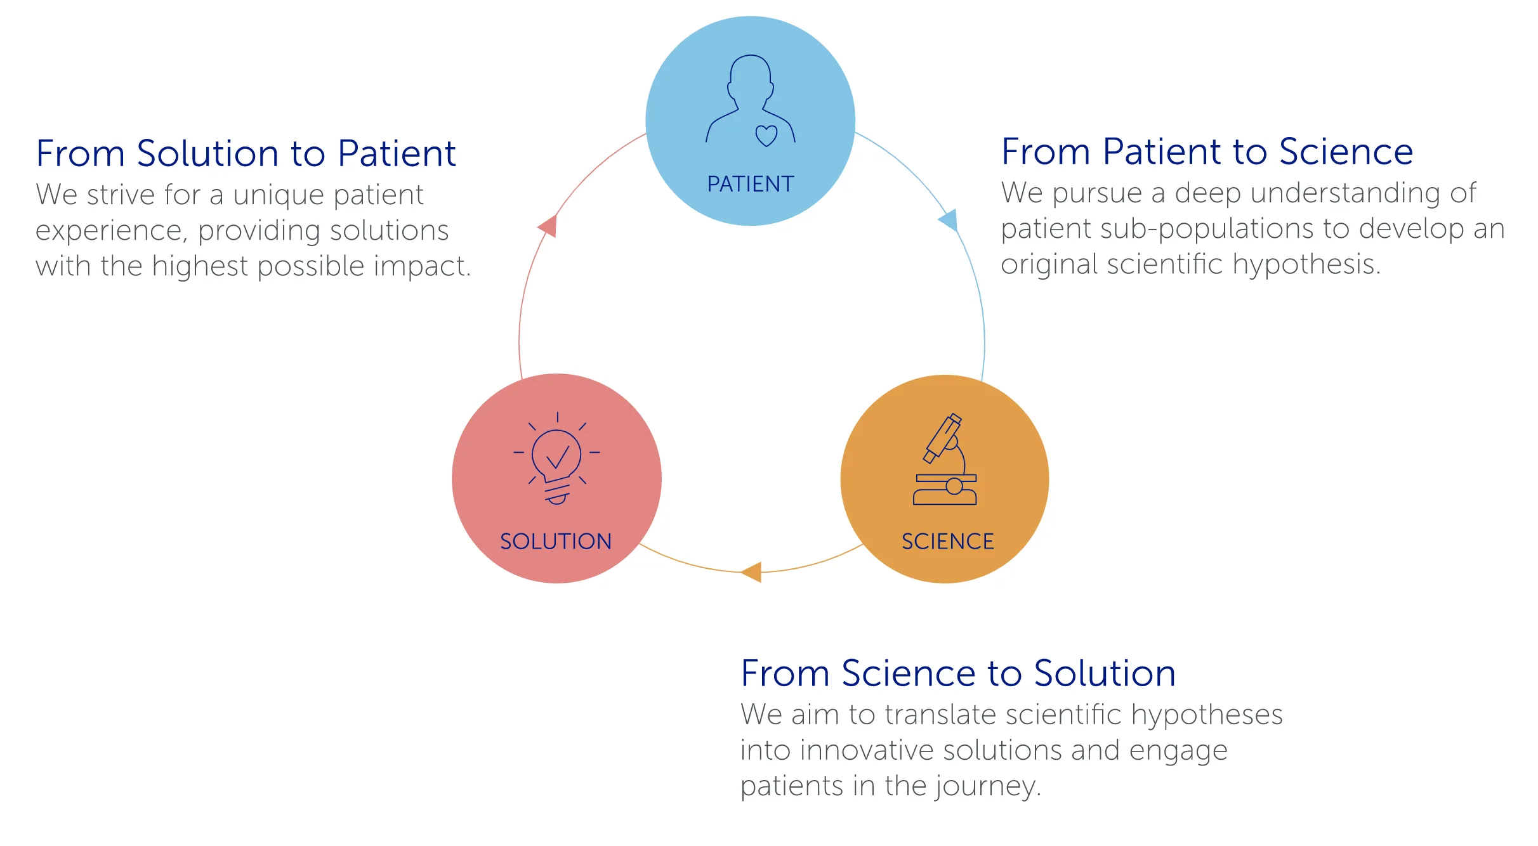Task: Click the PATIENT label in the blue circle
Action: tap(750, 184)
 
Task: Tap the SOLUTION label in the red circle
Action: tap(556, 541)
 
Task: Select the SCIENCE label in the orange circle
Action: tap(947, 541)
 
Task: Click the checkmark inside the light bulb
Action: tap(558, 456)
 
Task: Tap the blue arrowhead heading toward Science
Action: tap(949, 221)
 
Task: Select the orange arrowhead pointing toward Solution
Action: tap(753, 571)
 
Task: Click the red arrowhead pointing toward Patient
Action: tap(548, 226)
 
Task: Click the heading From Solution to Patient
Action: tap(246, 153)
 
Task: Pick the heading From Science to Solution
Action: tap(958, 673)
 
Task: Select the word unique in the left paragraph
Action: tap(279, 195)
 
